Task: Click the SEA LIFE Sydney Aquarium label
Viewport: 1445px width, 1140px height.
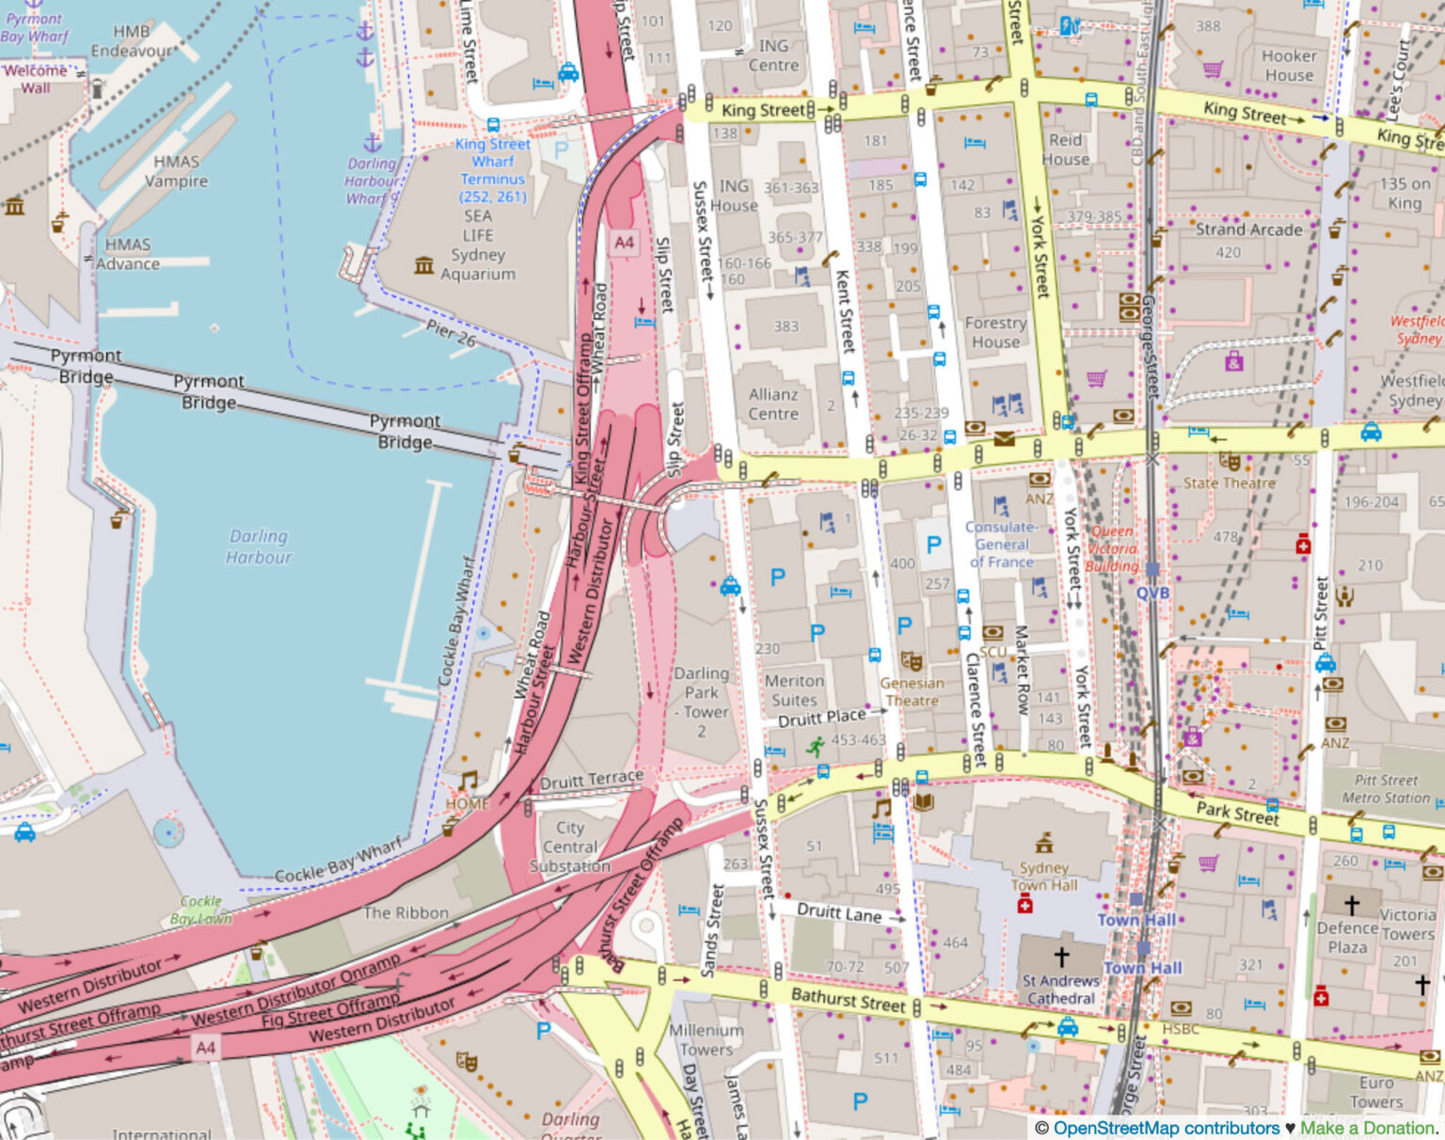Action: coord(477,245)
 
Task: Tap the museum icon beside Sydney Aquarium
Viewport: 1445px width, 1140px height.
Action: coord(424,266)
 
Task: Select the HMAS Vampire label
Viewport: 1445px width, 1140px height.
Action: coord(175,171)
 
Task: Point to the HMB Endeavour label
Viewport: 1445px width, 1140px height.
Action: coord(132,41)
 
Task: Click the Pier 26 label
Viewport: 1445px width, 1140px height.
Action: coord(451,333)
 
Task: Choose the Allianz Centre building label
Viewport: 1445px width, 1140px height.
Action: coord(773,404)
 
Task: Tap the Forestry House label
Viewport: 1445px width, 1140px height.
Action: coord(995,332)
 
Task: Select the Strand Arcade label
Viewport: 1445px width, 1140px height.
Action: coord(1248,230)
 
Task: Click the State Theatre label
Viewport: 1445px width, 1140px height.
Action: coord(1229,483)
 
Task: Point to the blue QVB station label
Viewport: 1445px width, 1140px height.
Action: coord(1152,593)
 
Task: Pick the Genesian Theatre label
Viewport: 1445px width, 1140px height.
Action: coord(912,691)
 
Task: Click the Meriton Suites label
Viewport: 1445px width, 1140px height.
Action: coord(794,690)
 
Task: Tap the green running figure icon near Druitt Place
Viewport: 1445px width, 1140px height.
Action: coord(815,747)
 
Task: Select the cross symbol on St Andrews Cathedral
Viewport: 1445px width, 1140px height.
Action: coord(1061,957)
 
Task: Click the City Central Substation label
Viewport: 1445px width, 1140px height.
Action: coord(569,847)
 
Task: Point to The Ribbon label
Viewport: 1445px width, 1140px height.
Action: coord(405,912)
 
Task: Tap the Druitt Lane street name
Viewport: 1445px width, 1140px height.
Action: coord(839,912)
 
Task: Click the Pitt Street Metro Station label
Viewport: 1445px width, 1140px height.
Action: coord(1386,788)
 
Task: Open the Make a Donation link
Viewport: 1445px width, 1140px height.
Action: coord(1368,1128)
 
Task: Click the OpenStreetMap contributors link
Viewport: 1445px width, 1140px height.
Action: coord(1166,1128)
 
